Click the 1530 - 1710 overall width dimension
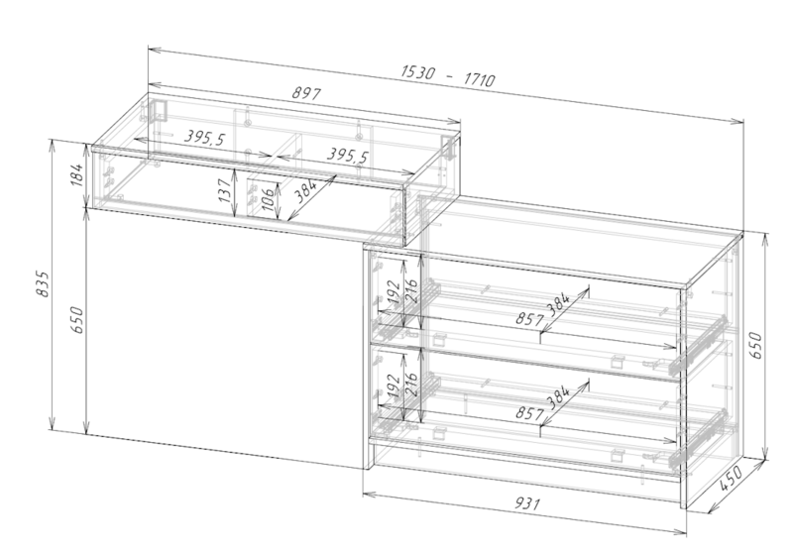448,76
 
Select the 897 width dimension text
306,93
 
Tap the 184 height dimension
77,174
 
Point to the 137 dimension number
226,189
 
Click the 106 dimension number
269,198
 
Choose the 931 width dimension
527,503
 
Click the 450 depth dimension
731,479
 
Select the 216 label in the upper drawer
412,290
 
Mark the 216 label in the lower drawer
412,385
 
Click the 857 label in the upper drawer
529,319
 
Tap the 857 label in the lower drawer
529,413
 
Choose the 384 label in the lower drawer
558,397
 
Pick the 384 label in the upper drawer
558,305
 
